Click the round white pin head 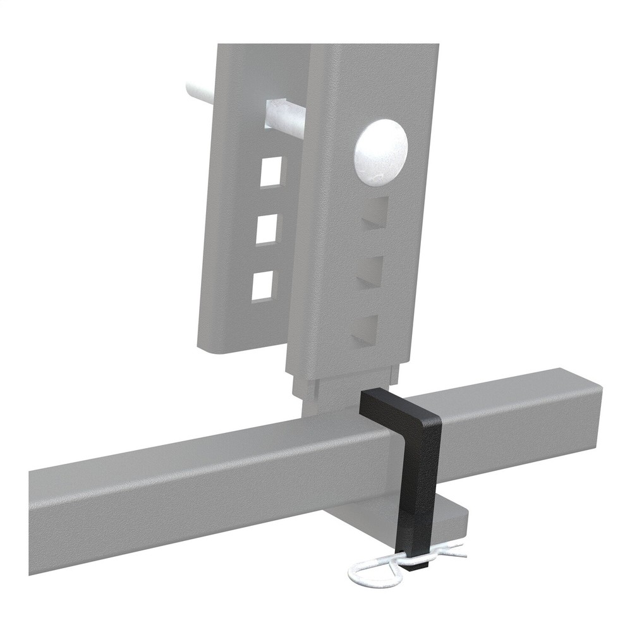pyautogui.click(x=381, y=151)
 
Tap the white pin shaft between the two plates pyautogui.click(x=285, y=114)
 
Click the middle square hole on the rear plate pyautogui.click(x=268, y=229)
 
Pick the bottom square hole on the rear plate pyautogui.click(x=263, y=286)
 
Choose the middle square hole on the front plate pyautogui.click(x=370, y=270)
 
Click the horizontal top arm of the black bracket pyautogui.click(x=395, y=404)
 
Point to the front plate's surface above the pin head pyautogui.click(x=379, y=82)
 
